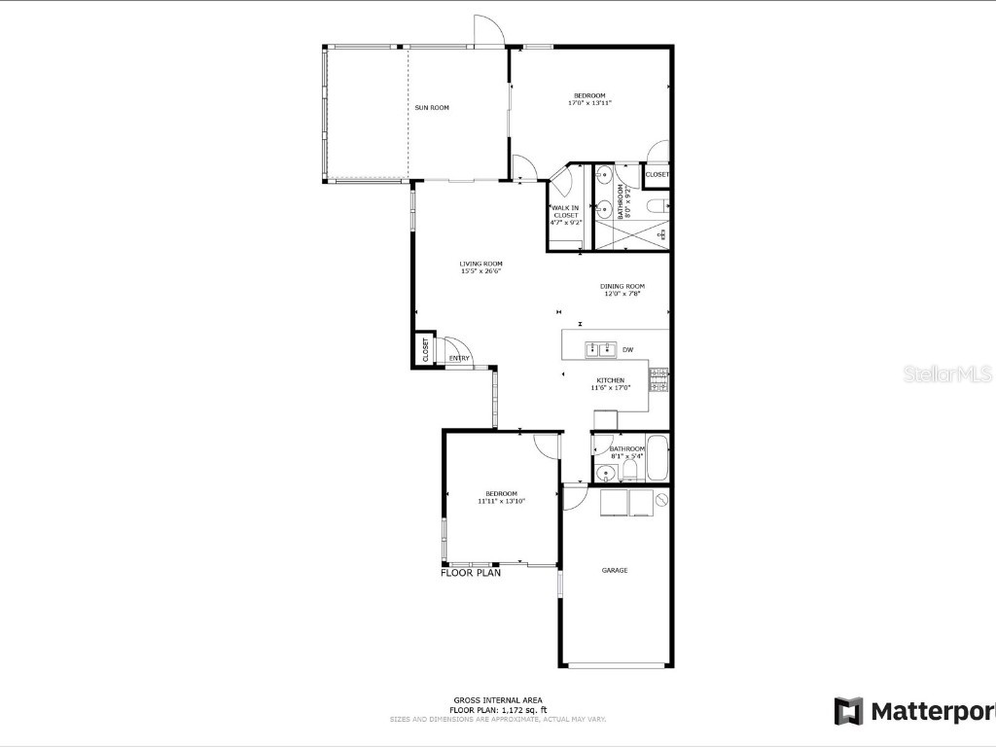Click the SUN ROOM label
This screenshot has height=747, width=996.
click(x=432, y=107)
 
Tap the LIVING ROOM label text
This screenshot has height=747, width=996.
click(x=481, y=264)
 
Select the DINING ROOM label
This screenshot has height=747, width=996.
click(x=622, y=286)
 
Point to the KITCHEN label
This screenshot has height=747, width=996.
click(x=610, y=380)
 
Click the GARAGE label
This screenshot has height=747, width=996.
click(x=614, y=570)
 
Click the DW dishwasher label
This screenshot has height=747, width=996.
click(x=627, y=349)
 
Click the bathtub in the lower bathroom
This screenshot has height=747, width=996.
click(x=657, y=460)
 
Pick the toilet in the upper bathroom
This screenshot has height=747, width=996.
click(x=658, y=205)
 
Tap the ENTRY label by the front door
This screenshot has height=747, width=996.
click(x=459, y=358)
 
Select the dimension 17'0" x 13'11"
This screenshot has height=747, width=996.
click(x=587, y=102)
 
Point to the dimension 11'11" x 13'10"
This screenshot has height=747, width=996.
click(x=502, y=502)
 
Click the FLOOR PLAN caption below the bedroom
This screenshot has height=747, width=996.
click(x=471, y=574)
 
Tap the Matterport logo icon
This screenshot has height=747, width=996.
click(x=848, y=711)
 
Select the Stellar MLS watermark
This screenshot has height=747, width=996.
click(x=947, y=373)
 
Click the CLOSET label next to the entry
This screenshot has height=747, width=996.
click(x=425, y=350)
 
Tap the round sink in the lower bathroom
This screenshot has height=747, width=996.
click(x=605, y=475)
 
